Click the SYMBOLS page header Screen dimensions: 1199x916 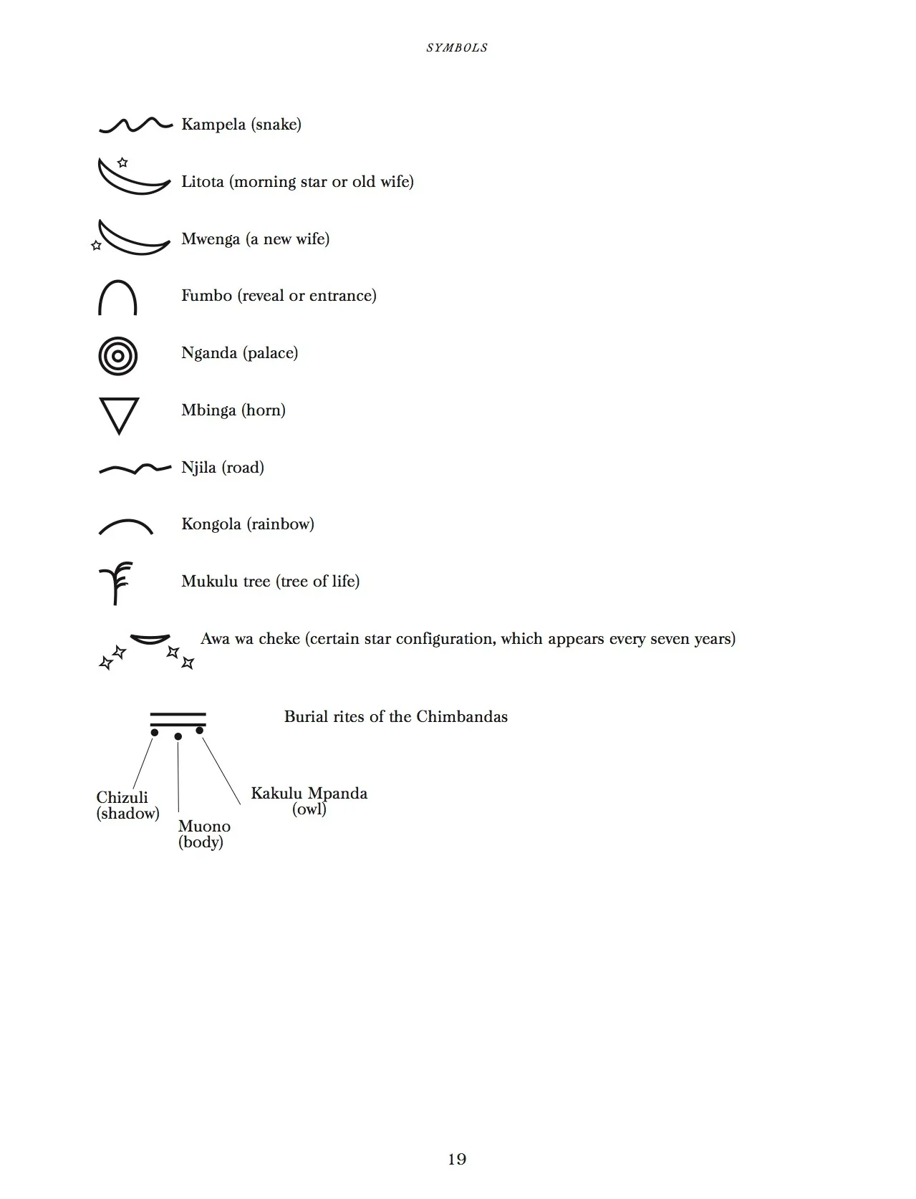click(x=457, y=48)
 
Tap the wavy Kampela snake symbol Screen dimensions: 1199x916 click(x=135, y=125)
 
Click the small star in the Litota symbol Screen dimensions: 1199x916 click(x=122, y=163)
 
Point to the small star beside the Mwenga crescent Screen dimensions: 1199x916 click(x=97, y=245)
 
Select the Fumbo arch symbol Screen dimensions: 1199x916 click(x=117, y=297)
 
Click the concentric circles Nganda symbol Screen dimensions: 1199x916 click(x=117, y=355)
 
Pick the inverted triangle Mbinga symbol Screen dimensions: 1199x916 click(x=119, y=414)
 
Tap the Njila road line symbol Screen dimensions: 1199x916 click(x=135, y=469)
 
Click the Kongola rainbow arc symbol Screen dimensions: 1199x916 click(x=125, y=526)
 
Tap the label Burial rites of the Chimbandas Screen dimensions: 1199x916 click(x=395, y=717)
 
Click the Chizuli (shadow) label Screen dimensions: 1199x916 click(x=127, y=805)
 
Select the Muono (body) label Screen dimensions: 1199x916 click(x=203, y=834)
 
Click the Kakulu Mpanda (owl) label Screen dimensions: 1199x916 click(x=309, y=801)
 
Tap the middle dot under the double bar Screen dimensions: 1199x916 click(x=178, y=736)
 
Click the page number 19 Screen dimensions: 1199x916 click(x=457, y=1159)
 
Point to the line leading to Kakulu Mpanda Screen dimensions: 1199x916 click(x=221, y=771)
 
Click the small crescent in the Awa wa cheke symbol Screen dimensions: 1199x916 click(x=150, y=639)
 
